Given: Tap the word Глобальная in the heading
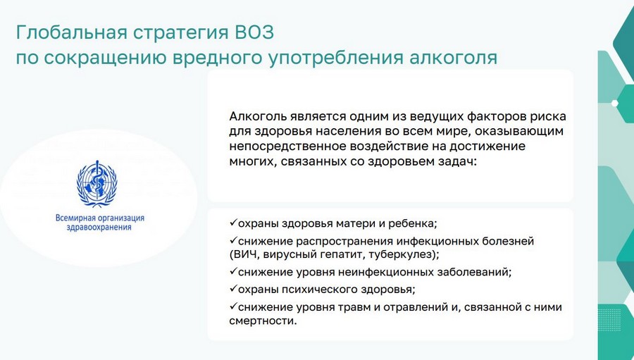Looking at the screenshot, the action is point(72,32).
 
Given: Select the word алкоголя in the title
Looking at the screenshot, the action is point(453,57).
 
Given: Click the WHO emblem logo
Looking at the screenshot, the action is point(97,183).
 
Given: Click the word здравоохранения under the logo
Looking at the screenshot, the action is point(99,228).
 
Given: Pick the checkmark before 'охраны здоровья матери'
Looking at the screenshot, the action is point(233,223).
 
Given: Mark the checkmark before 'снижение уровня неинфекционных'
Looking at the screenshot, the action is point(233,271).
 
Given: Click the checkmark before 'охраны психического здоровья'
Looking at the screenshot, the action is point(233,288).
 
